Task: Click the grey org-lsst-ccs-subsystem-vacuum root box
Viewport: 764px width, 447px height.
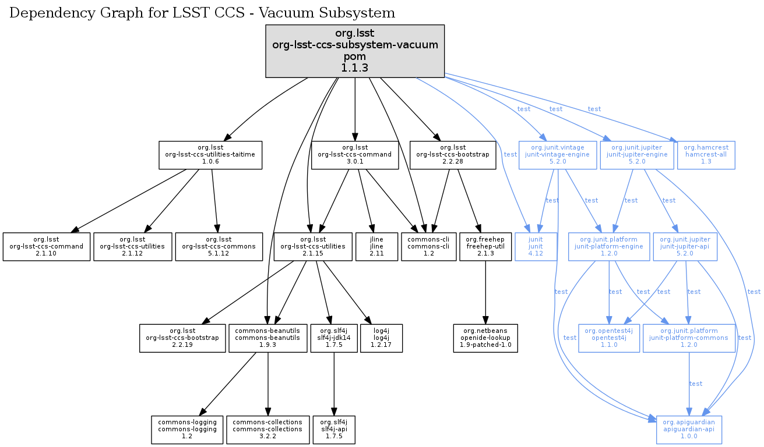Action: [x=355, y=51]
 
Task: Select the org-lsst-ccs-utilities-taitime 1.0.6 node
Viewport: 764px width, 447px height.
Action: [x=211, y=155]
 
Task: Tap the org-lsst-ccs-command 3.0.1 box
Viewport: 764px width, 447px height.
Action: [x=355, y=155]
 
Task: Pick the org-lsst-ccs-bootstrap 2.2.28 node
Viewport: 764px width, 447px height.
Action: [x=452, y=155]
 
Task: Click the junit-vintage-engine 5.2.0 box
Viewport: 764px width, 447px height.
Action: [x=558, y=155]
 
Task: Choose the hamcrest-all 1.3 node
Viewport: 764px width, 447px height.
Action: [x=706, y=155]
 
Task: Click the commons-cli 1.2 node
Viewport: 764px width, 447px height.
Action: [x=428, y=247]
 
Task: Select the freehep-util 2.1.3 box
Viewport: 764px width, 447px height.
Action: [x=485, y=247]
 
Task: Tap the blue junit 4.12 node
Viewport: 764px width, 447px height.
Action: [x=536, y=247]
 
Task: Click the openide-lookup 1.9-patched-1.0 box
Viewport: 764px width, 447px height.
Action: [x=485, y=338]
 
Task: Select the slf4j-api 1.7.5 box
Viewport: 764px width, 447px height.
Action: [x=333, y=430]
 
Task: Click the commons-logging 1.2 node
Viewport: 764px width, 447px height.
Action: [x=188, y=430]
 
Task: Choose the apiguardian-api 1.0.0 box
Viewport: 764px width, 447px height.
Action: [x=689, y=430]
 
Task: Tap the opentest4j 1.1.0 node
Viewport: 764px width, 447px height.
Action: [x=608, y=338]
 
